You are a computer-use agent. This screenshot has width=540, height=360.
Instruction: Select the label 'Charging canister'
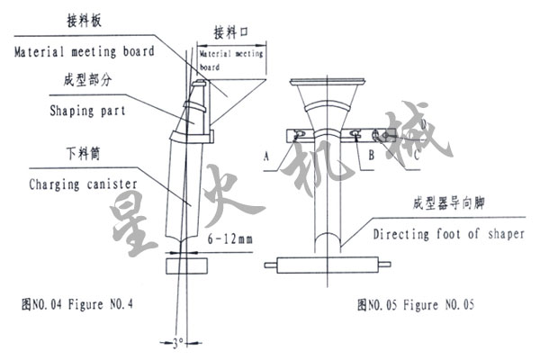(80, 184)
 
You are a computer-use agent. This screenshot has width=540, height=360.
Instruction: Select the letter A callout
(266, 155)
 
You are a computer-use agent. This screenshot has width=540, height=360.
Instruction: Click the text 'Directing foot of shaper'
(445, 234)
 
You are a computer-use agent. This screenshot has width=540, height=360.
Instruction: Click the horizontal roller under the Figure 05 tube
(330, 265)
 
